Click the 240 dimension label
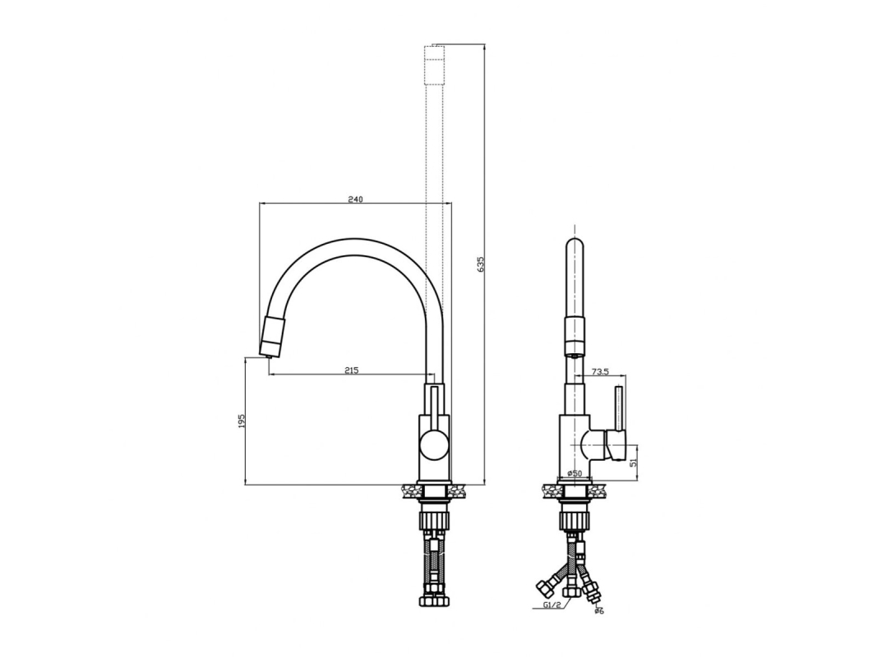(x=356, y=199)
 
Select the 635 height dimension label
(x=481, y=264)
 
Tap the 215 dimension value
(x=351, y=370)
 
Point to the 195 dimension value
(x=242, y=422)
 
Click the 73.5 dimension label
(x=598, y=371)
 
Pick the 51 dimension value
(x=634, y=462)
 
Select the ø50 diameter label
(x=575, y=473)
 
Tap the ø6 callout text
(x=599, y=611)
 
